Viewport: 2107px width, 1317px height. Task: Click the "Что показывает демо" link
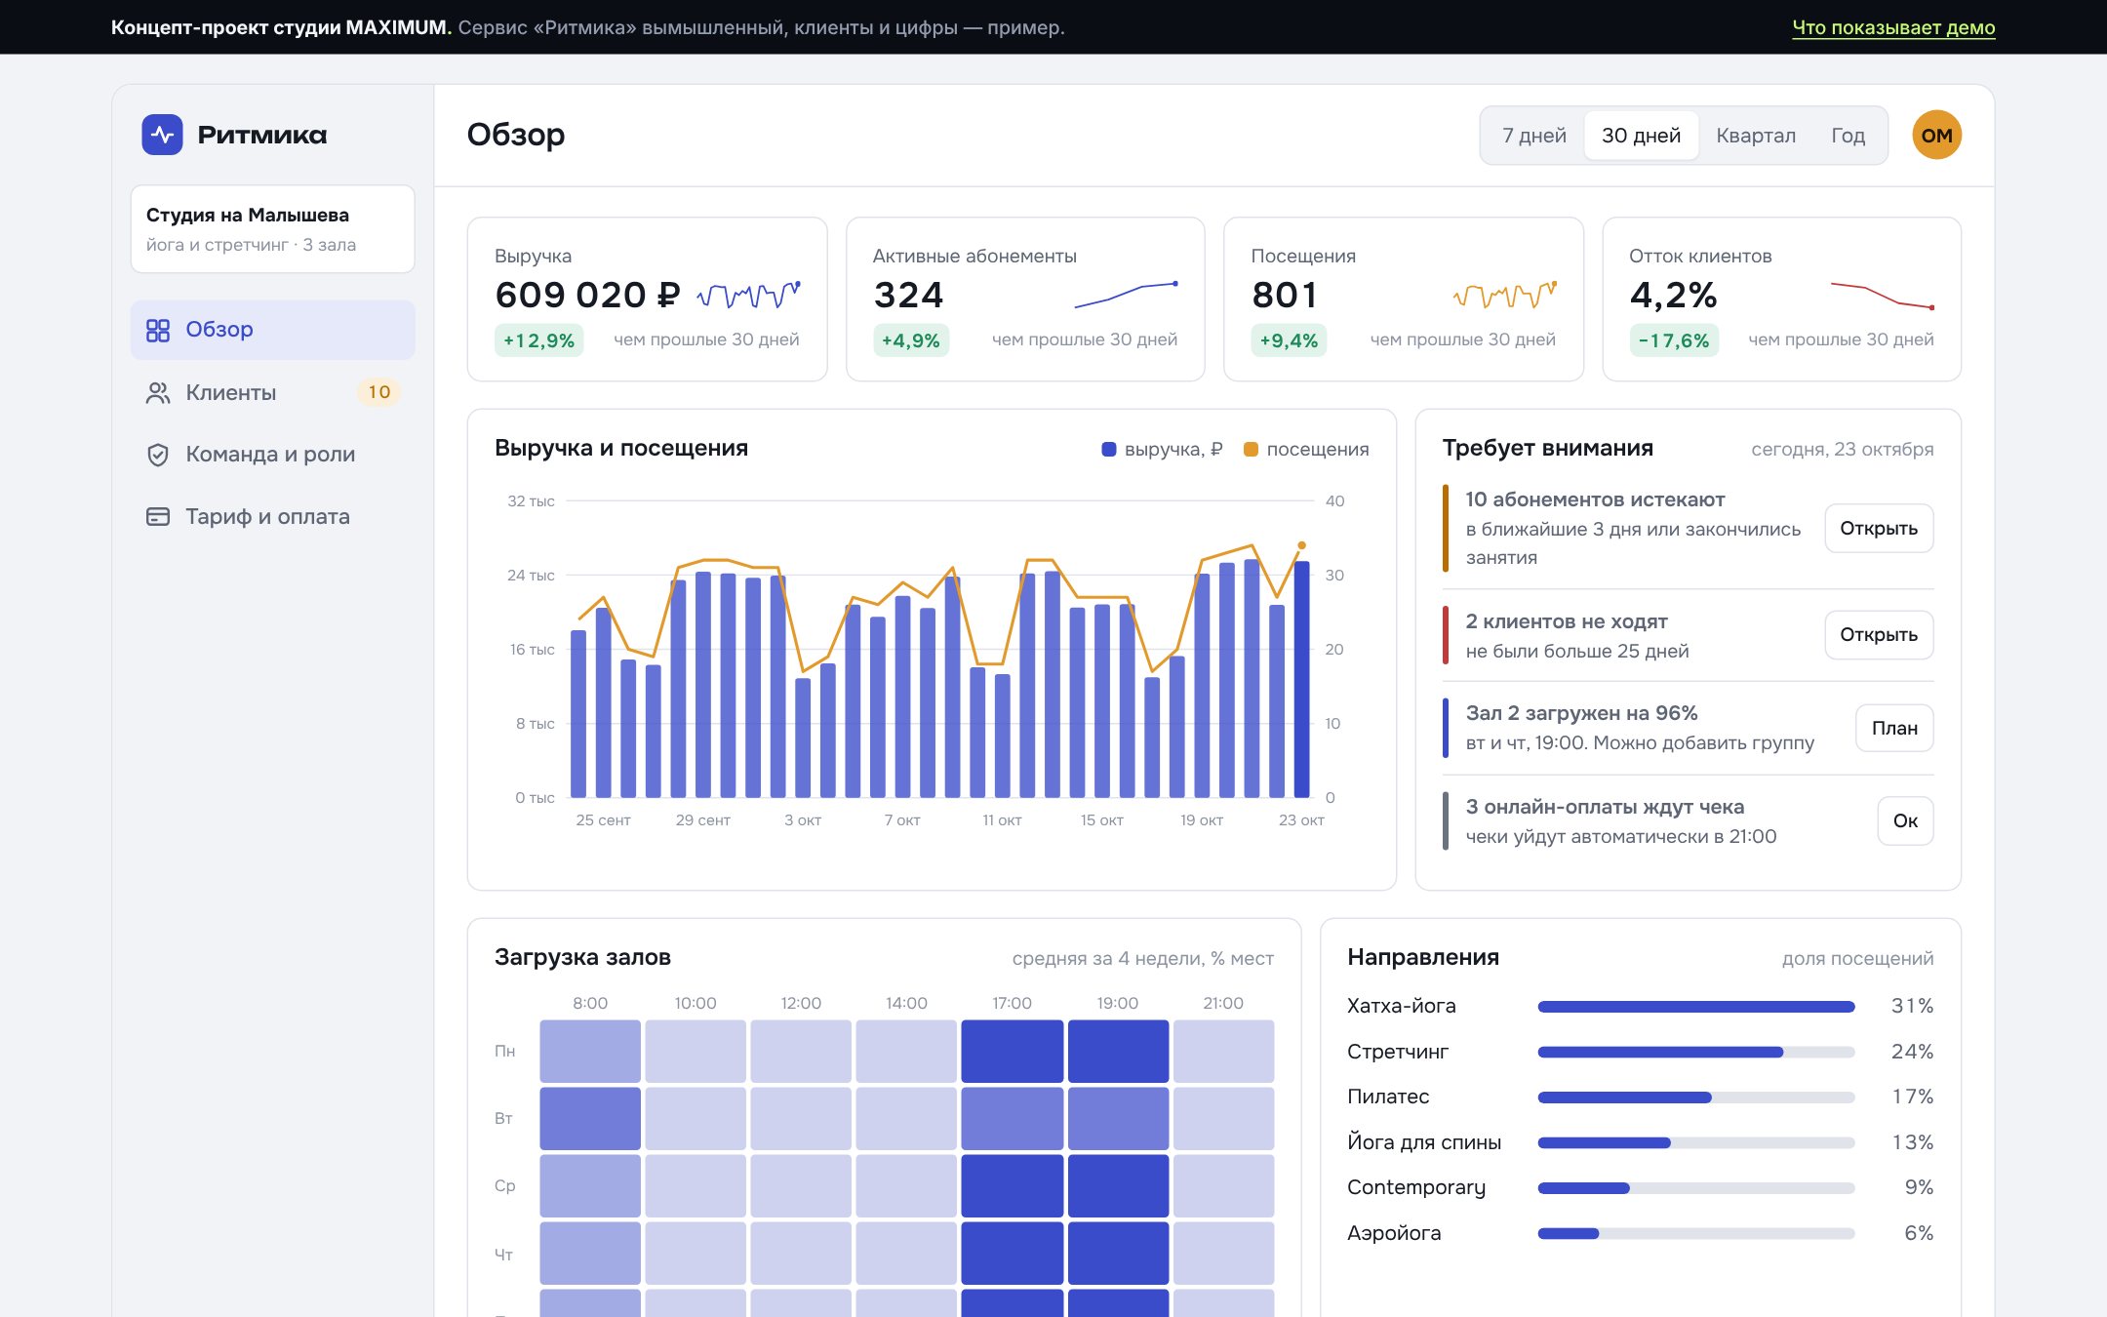pyautogui.click(x=1893, y=27)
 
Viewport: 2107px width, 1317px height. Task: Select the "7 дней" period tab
pyautogui.click(x=1534, y=136)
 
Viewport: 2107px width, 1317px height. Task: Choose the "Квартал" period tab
pyautogui.click(x=1756, y=136)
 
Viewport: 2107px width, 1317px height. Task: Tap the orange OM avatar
pyautogui.click(x=1936, y=136)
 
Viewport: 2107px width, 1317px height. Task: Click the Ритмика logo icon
pyautogui.click(x=162, y=135)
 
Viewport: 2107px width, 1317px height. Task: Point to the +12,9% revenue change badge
pyautogui.click(x=538, y=340)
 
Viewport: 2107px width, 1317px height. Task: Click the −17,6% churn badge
pyautogui.click(x=1674, y=340)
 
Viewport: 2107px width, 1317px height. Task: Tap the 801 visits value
pyautogui.click(x=1285, y=295)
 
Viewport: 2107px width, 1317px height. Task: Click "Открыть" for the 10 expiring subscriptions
pyautogui.click(x=1879, y=528)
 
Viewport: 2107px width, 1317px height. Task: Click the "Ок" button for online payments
pyautogui.click(x=1905, y=820)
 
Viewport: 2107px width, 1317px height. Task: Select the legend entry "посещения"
pyautogui.click(x=1306, y=449)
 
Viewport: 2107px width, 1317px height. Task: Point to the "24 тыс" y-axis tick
pyautogui.click(x=531, y=576)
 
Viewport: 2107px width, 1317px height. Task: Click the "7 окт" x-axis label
pyautogui.click(x=902, y=820)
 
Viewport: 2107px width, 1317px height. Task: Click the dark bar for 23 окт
pyautogui.click(x=1301, y=680)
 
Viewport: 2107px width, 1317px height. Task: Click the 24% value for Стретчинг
pyautogui.click(x=1912, y=1052)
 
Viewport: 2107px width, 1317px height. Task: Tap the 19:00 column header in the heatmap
pyautogui.click(x=1118, y=1003)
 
